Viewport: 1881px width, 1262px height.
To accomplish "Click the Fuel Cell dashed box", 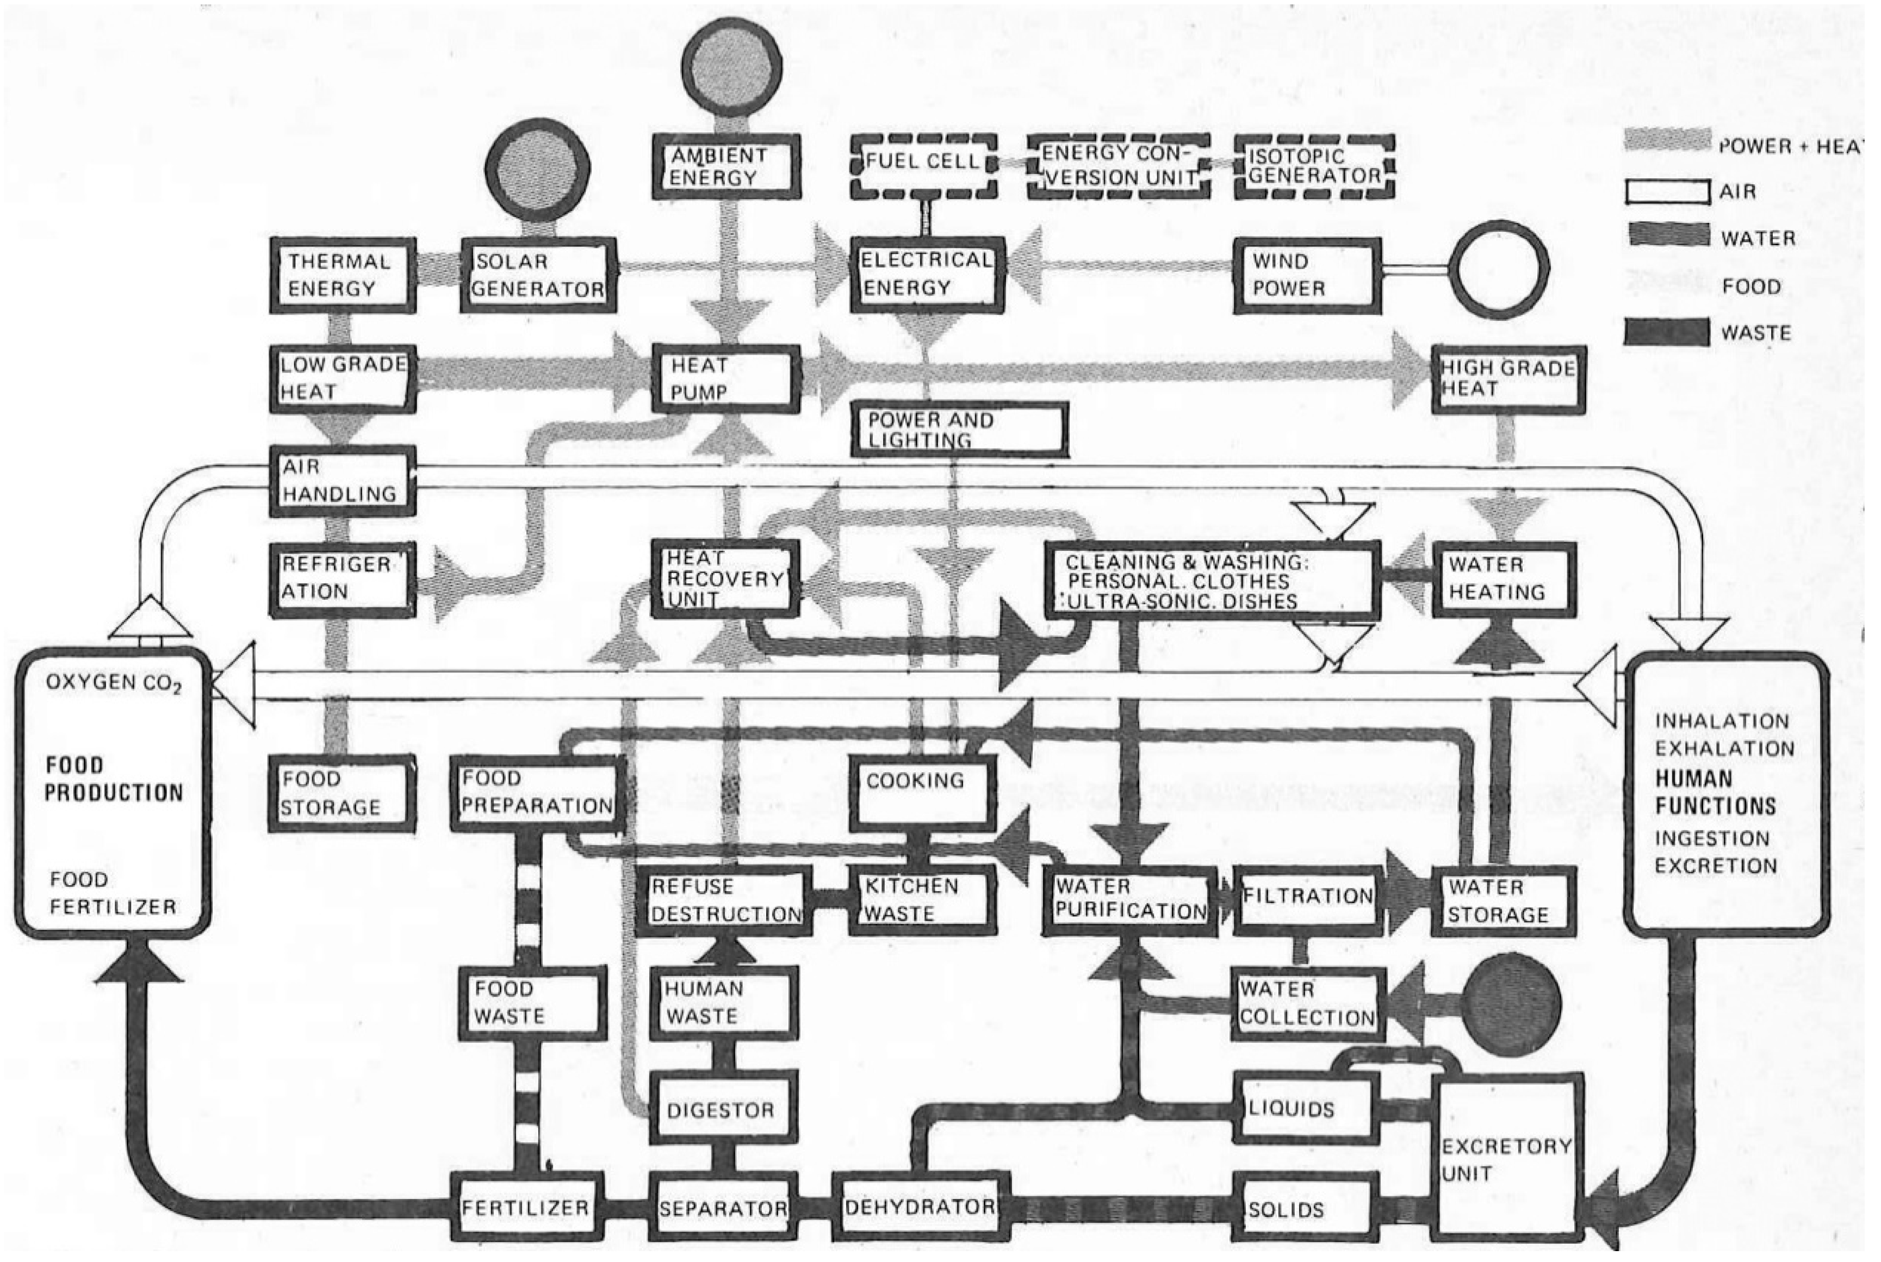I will click(x=924, y=166).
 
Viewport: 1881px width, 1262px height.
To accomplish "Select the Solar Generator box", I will click(x=538, y=275).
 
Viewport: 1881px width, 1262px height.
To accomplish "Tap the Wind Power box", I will click(x=1306, y=275).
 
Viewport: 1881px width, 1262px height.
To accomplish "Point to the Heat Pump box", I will click(x=726, y=379).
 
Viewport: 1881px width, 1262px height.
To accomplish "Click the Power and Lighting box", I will click(x=959, y=430).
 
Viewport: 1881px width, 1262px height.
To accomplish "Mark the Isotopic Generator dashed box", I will click(x=1314, y=166).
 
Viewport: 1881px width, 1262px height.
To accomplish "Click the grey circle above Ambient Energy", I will click(x=731, y=66).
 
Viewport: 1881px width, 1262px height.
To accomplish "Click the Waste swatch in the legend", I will click(x=1667, y=332).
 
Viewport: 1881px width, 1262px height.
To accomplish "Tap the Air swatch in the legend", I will click(x=1667, y=191).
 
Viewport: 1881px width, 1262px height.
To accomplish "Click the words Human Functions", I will click(x=1715, y=792).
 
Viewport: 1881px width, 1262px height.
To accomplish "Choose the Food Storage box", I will click(x=342, y=793).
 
